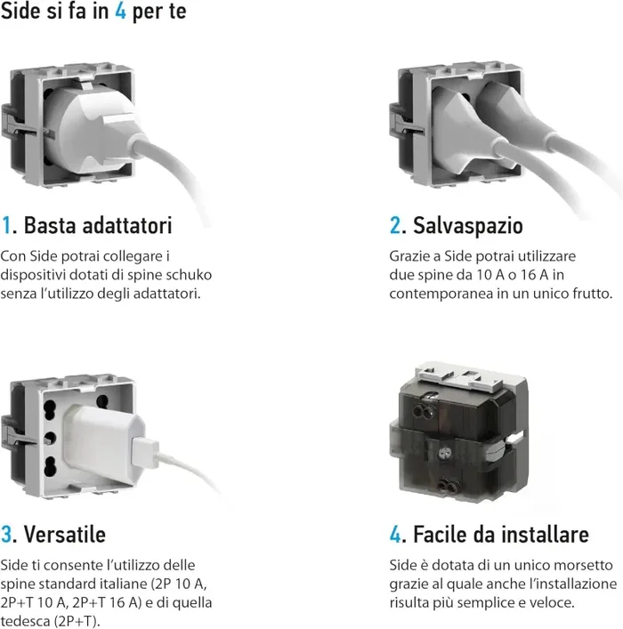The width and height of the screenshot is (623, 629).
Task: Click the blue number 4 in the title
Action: (118, 14)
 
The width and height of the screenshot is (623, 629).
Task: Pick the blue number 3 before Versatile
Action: (7, 534)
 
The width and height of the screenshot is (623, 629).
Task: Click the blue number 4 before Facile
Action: (396, 534)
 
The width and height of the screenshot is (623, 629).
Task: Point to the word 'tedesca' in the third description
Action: (27, 620)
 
